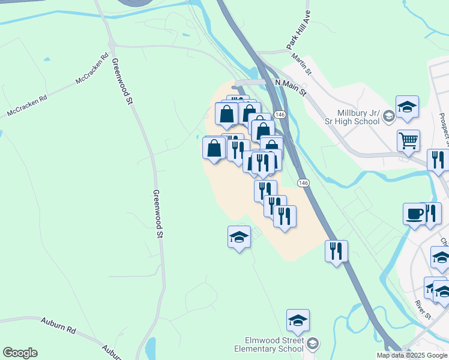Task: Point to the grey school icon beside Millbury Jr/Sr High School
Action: pos(388,116)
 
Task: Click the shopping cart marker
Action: pos(408,141)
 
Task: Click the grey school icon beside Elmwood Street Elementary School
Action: pos(312,344)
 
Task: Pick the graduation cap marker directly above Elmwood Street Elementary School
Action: pos(298,321)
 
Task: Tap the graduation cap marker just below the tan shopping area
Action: pos(239,237)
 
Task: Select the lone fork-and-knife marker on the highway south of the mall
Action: pos(336,250)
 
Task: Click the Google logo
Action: pos(20,353)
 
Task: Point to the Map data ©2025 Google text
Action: pos(412,355)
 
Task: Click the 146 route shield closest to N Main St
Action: pos(280,114)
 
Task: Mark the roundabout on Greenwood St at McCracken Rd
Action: pos(111,44)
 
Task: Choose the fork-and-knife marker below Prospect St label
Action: pos(438,160)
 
